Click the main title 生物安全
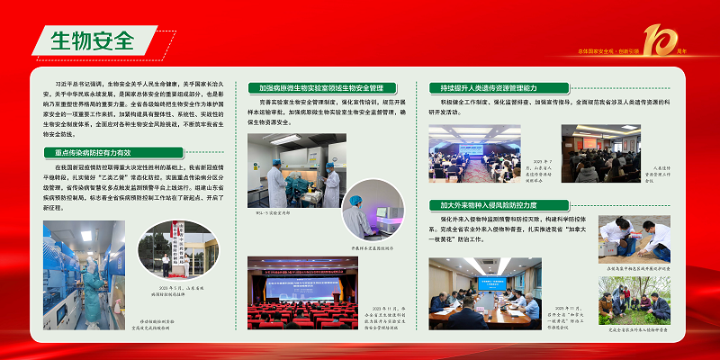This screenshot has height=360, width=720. click(91, 40)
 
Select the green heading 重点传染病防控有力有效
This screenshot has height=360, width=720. click(93, 154)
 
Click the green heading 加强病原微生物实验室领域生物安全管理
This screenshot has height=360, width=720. click(321, 88)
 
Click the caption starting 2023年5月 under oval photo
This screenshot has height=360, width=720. click(171, 291)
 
